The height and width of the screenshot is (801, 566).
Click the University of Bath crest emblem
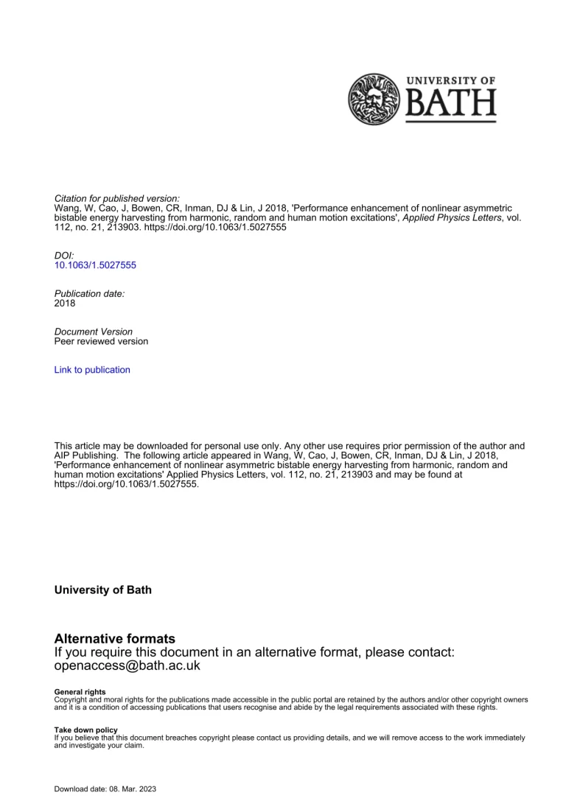coord(373,99)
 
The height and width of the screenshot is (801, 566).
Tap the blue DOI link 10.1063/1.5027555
coord(95,265)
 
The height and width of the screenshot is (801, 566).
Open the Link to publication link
coord(92,370)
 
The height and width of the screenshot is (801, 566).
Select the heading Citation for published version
coord(117,199)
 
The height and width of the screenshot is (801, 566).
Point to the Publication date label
coord(90,293)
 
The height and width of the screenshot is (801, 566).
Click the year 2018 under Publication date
coord(65,303)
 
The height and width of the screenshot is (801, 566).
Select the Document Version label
coord(94,332)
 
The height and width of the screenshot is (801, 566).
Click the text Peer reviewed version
coord(101,341)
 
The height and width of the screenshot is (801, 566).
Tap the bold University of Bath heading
coord(103,590)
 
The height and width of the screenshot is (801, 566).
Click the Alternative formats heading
coord(115,639)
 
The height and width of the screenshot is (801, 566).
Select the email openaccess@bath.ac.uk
coord(127,665)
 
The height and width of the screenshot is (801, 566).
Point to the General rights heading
coord(80,692)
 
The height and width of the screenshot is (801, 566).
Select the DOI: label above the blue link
coord(65,255)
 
